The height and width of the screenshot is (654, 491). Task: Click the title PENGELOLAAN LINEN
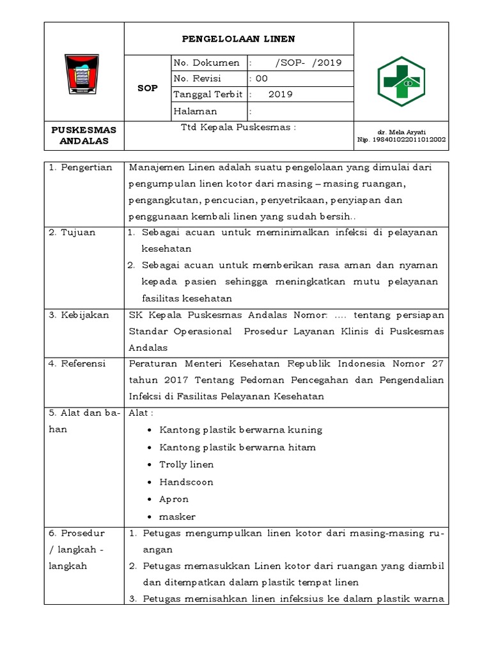(x=238, y=39)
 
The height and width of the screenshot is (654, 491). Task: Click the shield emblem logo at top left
(x=83, y=74)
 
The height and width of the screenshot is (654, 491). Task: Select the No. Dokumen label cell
(x=207, y=63)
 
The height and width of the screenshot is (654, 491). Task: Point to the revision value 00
(x=261, y=79)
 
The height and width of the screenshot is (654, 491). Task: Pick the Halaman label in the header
(x=195, y=111)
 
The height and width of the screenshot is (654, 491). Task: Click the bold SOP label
(x=147, y=87)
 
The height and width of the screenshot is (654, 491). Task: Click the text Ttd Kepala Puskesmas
(x=238, y=127)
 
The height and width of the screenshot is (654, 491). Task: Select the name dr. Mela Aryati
(x=401, y=131)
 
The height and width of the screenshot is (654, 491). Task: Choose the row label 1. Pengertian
(x=81, y=168)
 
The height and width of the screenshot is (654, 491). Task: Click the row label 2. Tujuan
(x=72, y=232)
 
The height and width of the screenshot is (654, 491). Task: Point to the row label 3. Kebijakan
(x=79, y=316)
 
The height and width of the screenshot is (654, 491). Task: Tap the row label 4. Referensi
(x=79, y=364)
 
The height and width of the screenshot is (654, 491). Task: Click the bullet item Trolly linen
(x=186, y=465)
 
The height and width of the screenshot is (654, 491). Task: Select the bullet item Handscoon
(x=186, y=482)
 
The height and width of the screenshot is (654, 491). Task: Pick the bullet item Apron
(x=174, y=499)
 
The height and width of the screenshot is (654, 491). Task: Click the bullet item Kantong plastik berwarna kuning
(x=240, y=430)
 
